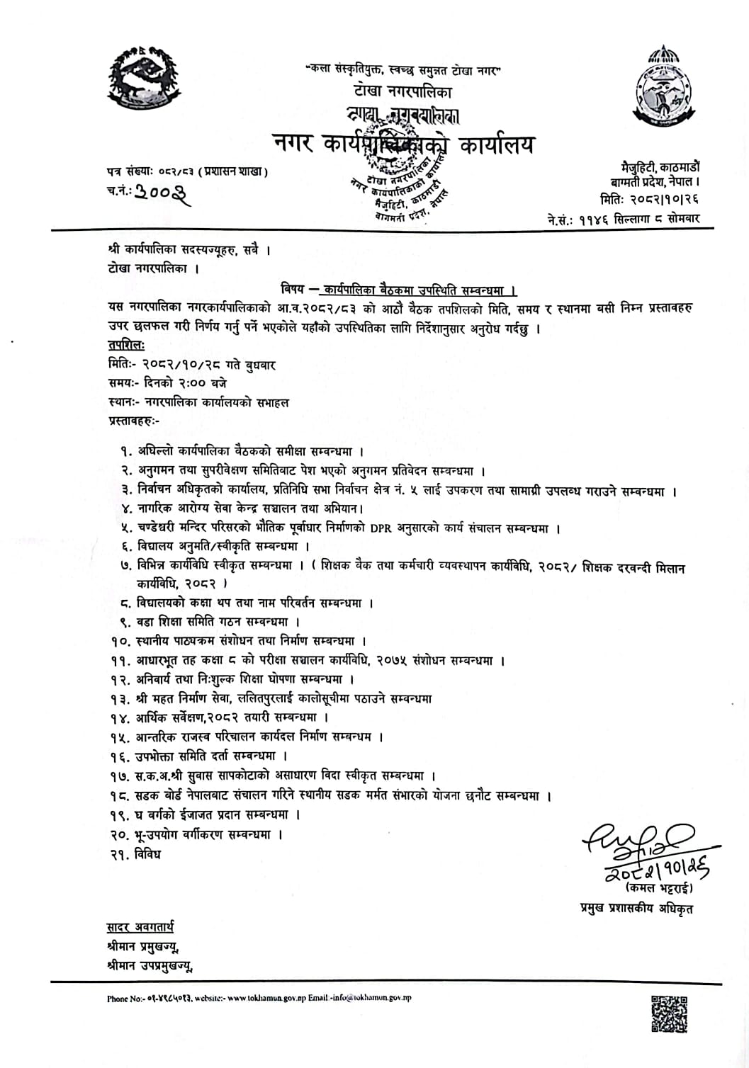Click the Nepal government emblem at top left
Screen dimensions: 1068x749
click(x=145, y=79)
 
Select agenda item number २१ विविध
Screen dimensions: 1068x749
click(x=136, y=854)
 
